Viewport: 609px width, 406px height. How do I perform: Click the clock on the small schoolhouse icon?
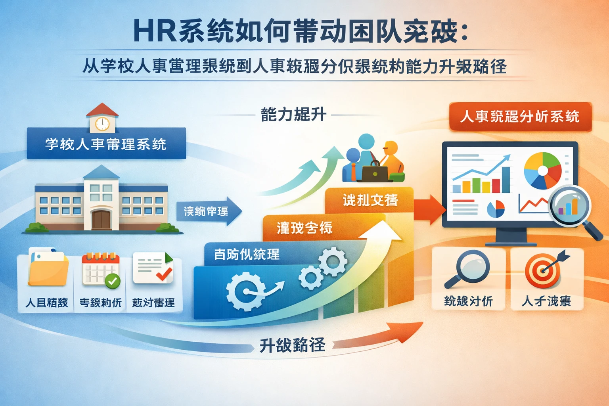(x=102, y=124)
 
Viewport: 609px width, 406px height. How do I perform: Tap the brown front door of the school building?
(x=101, y=220)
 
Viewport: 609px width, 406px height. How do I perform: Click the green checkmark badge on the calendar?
(x=113, y=281)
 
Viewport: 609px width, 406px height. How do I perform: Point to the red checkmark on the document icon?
(x=164, y=274)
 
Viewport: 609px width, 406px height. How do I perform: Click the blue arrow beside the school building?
(x=209, y=211)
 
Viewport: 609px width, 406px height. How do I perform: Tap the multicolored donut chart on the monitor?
(x=542, y=170)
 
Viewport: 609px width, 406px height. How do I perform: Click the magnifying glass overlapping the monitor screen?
(x=569, y=207)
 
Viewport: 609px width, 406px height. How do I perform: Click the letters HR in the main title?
(x=155, y=31)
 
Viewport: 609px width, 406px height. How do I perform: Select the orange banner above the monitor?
(x=520, y=117)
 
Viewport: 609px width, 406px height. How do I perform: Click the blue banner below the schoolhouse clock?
(x=106, y=144)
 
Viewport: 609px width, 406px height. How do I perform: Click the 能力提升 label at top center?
(x=293, y=115)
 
